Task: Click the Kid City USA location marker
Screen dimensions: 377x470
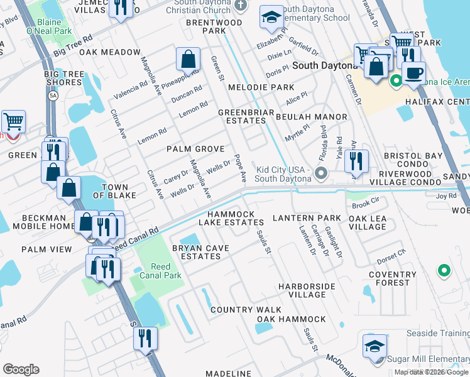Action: click(x=322, y=173)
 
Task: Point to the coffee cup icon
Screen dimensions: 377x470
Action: click(x=413, y=72)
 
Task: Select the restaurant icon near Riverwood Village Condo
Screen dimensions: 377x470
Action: click(x=356, y=160)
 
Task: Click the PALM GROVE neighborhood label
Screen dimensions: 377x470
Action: click(x=195, y=149)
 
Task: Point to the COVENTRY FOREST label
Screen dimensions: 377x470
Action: click(x=393, y=279)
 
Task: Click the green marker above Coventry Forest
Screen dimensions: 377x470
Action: click(x=444, y=271)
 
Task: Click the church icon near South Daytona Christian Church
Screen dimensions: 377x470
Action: click(x=239, y=5)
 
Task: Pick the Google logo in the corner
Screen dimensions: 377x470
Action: click(x=21, y=369)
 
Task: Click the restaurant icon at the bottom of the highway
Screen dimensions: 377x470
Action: click(x=145, y=339)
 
